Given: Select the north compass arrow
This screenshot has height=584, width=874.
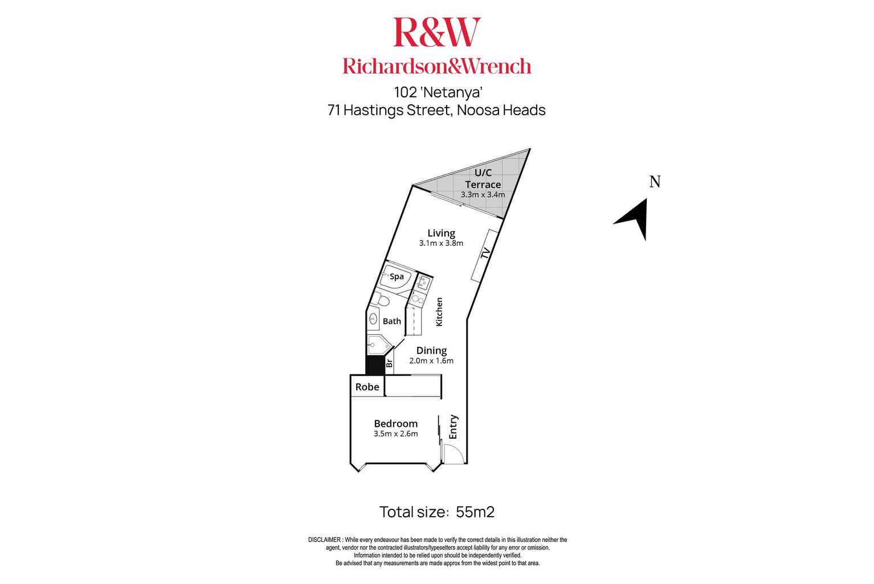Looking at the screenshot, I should [634, 219].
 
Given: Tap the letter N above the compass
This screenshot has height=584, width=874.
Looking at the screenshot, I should [655, 182].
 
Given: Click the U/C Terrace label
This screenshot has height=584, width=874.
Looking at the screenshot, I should [483, 178].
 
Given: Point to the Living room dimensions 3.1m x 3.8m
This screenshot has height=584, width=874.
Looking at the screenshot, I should [441, 243].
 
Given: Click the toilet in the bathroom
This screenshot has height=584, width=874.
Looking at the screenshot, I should [382, 300].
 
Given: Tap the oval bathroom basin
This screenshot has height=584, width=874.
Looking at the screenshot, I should [374, 319].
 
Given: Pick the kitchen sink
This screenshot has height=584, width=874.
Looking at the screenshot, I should [423, 281].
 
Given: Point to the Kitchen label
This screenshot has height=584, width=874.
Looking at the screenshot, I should [439, 312].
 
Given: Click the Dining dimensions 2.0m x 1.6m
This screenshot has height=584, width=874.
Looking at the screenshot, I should [431, 361].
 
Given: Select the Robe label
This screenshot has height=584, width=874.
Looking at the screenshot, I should [367, 387].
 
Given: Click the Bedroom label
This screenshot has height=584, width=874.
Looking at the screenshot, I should [395, 423].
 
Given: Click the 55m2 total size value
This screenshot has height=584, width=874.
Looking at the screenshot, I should [475, 512].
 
